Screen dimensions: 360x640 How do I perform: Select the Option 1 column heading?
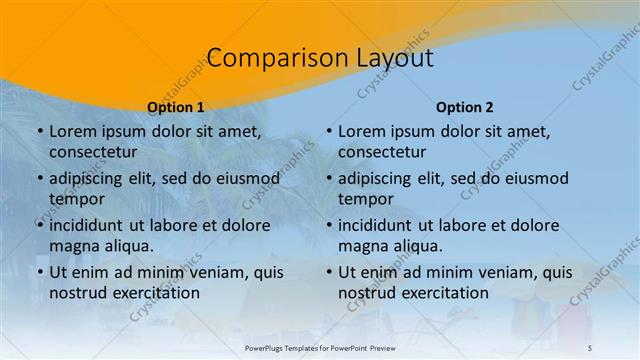[x=176, y=107]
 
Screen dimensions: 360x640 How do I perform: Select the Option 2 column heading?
[x=465, y=107]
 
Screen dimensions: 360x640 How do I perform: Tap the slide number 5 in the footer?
[x=589, y=347]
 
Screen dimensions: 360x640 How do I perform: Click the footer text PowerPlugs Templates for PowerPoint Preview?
[x=320, y=347]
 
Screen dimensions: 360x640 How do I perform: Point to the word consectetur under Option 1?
[x=93, y=153]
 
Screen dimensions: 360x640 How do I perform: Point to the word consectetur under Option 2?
[x=382, y=153]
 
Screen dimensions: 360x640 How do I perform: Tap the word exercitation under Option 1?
[x=153, y=293]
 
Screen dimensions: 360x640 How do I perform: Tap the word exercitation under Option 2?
[x=442, y=293]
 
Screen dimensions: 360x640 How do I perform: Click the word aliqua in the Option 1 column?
[x=127, y=246]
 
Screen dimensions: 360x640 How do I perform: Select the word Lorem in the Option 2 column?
[x=362, y=131]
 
